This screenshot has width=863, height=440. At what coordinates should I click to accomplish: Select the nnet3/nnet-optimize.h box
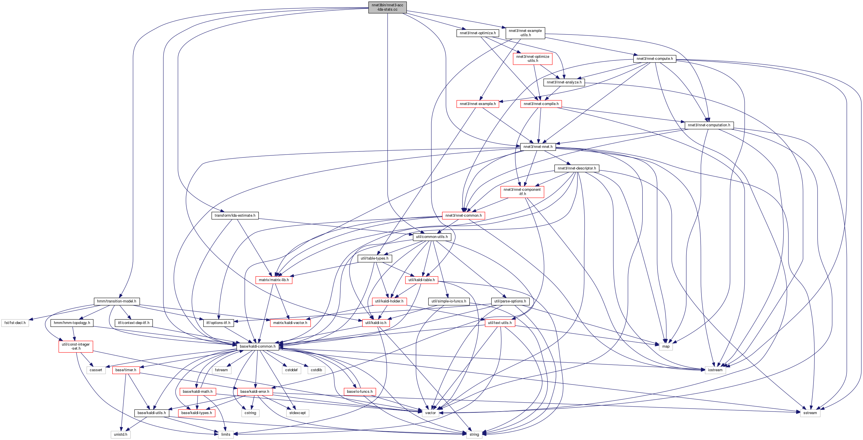click(x=478, y=33)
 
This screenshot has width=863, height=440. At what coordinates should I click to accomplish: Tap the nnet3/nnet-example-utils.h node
click(x=525, y=33)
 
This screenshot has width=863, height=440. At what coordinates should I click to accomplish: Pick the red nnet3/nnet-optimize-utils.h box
click(x=532, y=59)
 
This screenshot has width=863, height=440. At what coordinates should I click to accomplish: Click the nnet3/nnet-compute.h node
click(x=655, y=59)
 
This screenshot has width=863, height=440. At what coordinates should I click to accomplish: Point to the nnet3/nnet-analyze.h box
click(x=564, y=82)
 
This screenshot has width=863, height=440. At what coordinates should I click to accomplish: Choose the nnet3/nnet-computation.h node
click(x=709, y=125)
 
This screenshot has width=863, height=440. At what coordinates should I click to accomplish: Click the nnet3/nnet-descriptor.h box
click(x=576, y=168)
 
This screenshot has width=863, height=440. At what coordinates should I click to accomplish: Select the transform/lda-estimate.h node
click(x=235, y=215)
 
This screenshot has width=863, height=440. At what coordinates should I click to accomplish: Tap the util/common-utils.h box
click(x=432, y=237)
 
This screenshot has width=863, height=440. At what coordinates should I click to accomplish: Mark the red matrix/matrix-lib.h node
click(x=274, y=280)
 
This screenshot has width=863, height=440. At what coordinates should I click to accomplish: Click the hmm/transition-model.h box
click(x=117, y=301)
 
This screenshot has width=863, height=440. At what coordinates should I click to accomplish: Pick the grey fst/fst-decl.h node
click(x=15, y=323)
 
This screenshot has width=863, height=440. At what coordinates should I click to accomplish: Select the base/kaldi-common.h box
click(x=258, y=346)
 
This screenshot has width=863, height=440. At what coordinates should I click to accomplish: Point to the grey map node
click(x=666, y=346)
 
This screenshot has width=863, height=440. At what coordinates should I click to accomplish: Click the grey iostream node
click(x=715, y=370)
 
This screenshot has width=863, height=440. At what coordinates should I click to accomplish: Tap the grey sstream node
click(x=810, y=413)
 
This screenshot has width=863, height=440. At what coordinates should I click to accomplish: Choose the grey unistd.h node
click(x=121, y=434)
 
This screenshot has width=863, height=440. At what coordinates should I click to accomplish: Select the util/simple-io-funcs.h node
click(x=449, y=301)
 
